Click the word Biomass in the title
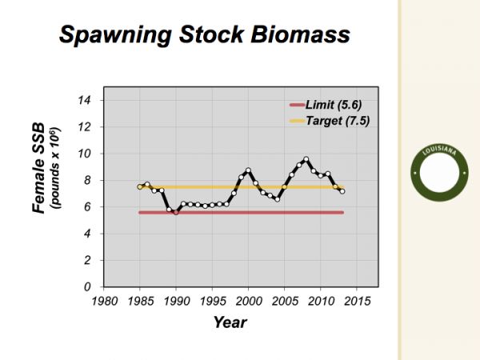(x=300, y=34)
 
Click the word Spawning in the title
(x=115, y=35)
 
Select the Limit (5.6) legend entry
(x=326, y=105)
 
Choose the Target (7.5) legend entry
(x=330, y=121)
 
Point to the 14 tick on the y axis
(x=84, y=100)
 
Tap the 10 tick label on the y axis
(x=84, y=154)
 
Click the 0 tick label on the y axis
(x=87, y=287)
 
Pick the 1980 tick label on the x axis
(x=104, y=302)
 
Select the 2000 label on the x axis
(x=249, y=302)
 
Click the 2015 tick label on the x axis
(x=357, y=302)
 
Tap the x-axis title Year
(x=230, y=322)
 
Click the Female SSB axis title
(x=39, y=168)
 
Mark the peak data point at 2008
(x=306, y=159)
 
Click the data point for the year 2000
(x=248, y=170)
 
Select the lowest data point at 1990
(x=176, y=212)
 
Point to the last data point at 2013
(x=342, y=191)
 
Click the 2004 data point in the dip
(x=278, y=199)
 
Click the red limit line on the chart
(x=242, y=213)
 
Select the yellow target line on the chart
(x=242, y=187)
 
